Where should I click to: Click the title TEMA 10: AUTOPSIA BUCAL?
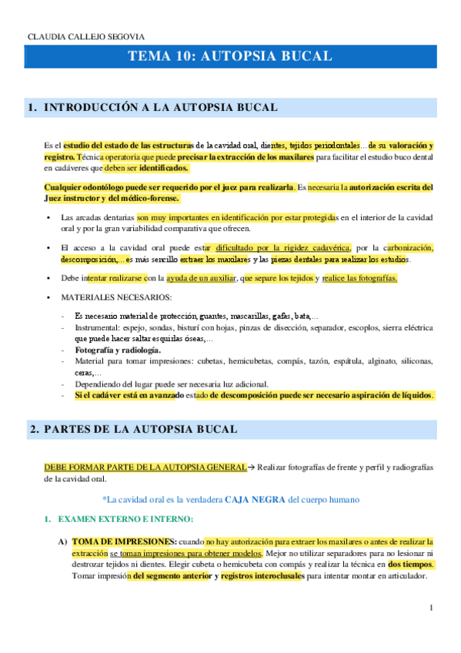(230, 56)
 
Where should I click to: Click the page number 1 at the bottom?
(432, 608)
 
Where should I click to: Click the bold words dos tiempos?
(410, 564)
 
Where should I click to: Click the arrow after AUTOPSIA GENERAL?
(251, 467)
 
